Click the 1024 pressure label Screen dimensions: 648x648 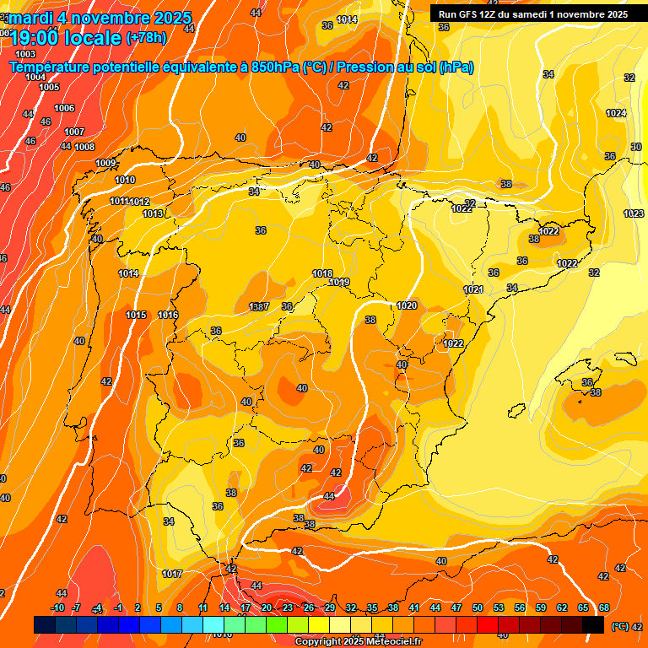click(616, 113)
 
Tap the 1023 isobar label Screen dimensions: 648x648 click(634, 213)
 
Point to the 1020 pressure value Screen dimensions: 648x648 click(407, 305)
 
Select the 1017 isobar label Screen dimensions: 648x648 click(172, 574)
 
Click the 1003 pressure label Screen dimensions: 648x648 click(25, 54)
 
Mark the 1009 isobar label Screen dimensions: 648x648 click(105, 163)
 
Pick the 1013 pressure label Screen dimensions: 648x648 click(153, 213)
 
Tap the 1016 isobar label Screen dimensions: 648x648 click(168, 315)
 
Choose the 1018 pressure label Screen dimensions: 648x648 click(322, 273)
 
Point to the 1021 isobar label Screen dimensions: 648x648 click(473, 289)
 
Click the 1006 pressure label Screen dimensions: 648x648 click(64, 108)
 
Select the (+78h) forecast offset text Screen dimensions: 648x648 click(146, 38)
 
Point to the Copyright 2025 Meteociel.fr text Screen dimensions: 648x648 click(358, 641)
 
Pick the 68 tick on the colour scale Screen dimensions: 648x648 click(604, 608)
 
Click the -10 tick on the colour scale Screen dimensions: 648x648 click(57, 608)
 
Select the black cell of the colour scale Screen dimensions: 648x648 click(593, 625)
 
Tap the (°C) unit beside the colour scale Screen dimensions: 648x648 click(619, 626)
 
